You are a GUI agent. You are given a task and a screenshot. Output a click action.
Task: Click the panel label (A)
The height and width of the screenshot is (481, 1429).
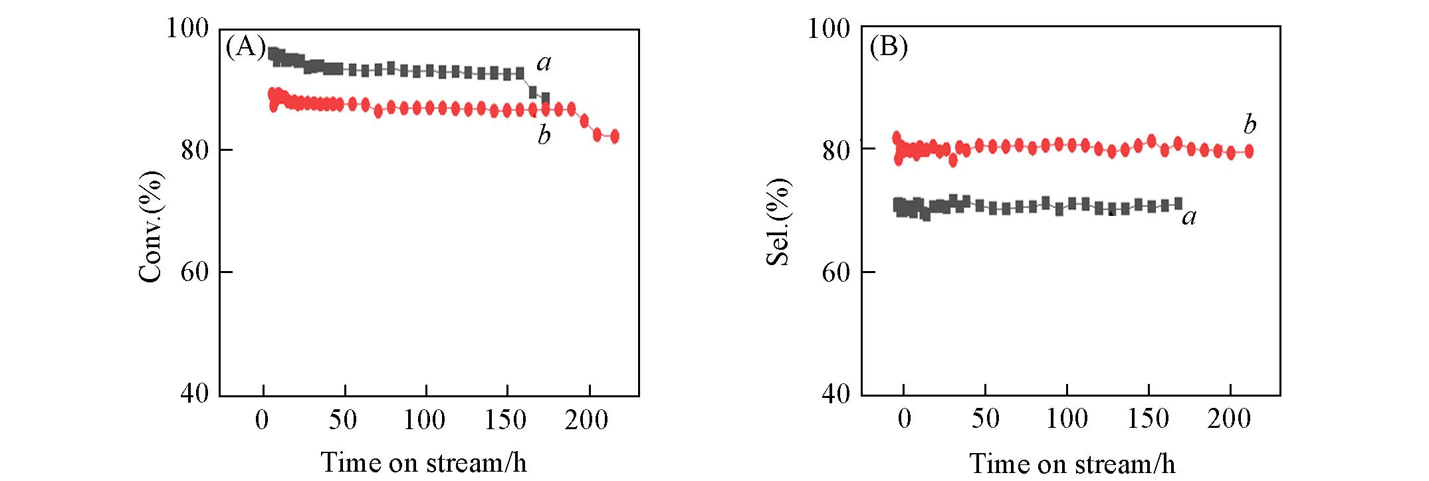click(245, 48)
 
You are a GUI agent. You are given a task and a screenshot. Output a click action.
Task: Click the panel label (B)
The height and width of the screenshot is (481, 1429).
click(888, 48)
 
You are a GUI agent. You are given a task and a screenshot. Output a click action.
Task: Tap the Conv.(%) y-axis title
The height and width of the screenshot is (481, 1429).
click(151, 227)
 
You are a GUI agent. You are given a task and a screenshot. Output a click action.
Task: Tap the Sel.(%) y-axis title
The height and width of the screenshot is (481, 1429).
click(778, 222)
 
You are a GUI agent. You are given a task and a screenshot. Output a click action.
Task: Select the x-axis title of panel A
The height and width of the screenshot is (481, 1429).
click(423, 462)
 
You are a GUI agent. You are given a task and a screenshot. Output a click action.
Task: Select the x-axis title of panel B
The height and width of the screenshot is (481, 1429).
click(1071, 463)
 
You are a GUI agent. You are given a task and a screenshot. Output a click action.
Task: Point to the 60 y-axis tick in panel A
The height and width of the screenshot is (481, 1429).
click(195, 272)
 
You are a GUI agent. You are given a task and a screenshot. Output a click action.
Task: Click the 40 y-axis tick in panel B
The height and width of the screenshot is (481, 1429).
click(836, 394)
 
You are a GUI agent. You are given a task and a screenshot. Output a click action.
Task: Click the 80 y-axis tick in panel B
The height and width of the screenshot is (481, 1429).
click(836, 151)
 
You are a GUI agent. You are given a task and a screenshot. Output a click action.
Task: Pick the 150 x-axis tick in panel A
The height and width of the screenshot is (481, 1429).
click(507, 420)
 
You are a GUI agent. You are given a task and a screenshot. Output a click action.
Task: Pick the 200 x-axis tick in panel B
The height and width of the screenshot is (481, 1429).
click(1230, 419)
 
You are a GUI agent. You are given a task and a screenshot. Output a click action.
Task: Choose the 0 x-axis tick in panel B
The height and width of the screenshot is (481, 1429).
click(904, 419)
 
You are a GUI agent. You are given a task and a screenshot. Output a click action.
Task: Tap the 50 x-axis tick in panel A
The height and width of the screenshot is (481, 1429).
click(344, 420)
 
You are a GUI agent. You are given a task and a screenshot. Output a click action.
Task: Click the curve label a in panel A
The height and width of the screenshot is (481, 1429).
click(544, 63)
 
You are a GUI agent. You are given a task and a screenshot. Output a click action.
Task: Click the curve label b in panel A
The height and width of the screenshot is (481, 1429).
click(544, 135)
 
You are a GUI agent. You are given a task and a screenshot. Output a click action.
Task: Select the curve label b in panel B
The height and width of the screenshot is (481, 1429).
click(1250, 124)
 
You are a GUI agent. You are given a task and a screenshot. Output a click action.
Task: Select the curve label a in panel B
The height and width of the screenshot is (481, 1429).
click(1189, 216)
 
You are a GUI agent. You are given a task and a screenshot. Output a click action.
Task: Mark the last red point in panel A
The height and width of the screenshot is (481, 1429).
click(614, 136)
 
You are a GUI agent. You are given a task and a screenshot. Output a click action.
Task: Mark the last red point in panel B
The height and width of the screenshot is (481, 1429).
click(1249, 151)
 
